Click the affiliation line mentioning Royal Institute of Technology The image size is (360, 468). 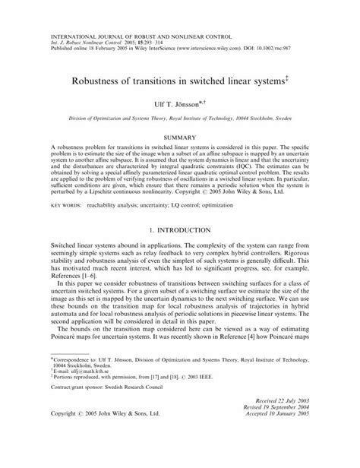coord(180,119)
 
